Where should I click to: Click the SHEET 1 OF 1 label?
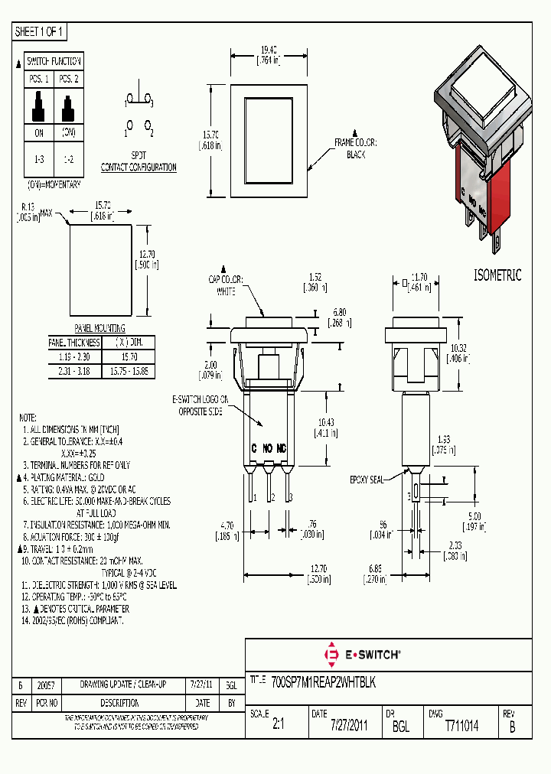pyautogui.click(x=40, y=31)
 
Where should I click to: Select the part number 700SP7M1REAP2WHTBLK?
pyautogui.click(x=324, y=680)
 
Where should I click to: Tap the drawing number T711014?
pyautogui.click(x=461, y=726)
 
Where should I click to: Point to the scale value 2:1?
pyautogui.click(x=277, y=726)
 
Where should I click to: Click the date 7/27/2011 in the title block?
pyautogui.click(x=349, y=726)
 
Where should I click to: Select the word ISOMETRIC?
pyautogui.click(x=497, y=275)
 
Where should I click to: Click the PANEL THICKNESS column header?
pyautogui.click(x=74, y=342)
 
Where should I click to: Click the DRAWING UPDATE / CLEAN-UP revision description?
pyautogui.click(x=122, y=685)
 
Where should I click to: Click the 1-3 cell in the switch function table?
pyautogui.click(x=38, y=158)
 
